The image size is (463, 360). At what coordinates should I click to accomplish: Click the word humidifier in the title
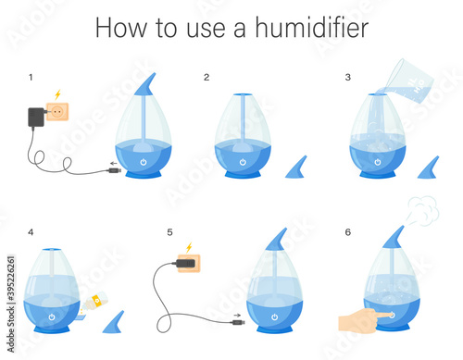click(312, 27)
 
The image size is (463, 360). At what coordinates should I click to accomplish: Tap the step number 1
click(31, 77)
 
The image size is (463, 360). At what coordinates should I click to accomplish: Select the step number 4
click(31, 232)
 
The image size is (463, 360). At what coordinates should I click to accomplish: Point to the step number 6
click(348, 232)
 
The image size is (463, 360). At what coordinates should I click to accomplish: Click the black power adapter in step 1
click(36, 118)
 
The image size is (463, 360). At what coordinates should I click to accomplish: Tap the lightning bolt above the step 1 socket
click(57, 94)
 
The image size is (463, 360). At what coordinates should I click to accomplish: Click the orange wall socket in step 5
click(189, 263)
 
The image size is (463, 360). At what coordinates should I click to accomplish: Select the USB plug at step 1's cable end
click(115, 170)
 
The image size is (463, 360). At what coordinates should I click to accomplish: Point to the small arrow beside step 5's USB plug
click(237, 316)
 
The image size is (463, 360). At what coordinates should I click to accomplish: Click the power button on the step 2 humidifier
click(243, 162)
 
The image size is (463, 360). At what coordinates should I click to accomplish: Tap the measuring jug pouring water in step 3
click(409, 81)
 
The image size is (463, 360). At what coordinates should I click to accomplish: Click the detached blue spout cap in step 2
click(296, 168)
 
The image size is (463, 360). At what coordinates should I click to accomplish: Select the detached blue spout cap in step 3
click(428, 168)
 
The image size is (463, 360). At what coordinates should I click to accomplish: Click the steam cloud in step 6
click(423, 210)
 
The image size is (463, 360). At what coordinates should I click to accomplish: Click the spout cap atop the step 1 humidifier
click(145, 84)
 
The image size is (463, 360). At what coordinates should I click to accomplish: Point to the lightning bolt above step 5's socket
click(189, 247)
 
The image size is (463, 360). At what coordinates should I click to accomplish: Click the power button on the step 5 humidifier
click(275, 317)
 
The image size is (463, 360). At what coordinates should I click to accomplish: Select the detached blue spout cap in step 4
click(113, 322)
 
